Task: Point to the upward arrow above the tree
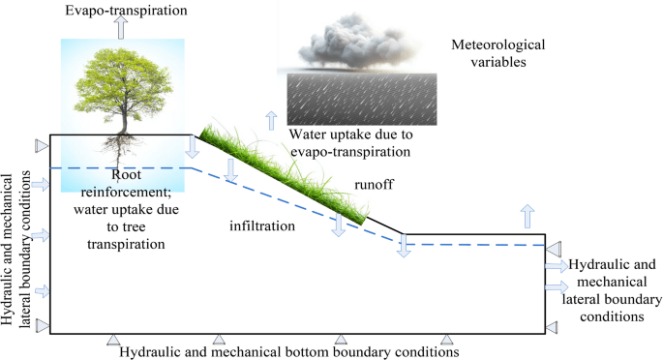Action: (121, 27)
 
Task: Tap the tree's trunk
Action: (122, 122)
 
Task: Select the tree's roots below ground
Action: (122, 150)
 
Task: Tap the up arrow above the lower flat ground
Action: (527, 214)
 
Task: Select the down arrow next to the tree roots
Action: (192, 146)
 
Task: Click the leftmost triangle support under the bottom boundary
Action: (113, 339)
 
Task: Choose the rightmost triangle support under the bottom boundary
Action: (447, 339)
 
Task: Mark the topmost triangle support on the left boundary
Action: (41, 145)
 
